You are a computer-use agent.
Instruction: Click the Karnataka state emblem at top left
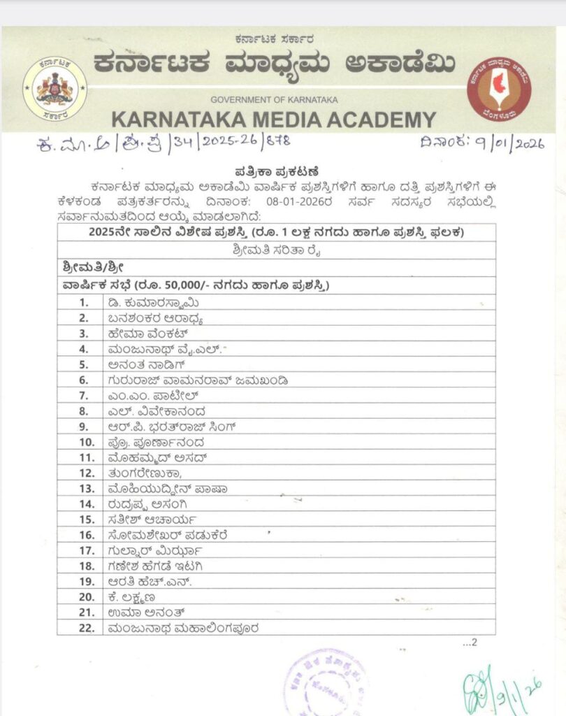pyautogui.click(x=55, y=87)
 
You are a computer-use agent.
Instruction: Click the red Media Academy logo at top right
pyautogui.click(x=499, y=87)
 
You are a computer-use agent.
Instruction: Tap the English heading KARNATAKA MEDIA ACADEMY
pyautogui.click(x=273, y=120)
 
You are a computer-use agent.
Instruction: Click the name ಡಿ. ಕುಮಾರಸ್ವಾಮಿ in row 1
pyautogui.click(x=150, y=303)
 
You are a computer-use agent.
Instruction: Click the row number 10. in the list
pyautogui.click(x=87, y=443)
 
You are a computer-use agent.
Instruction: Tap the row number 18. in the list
pyautogui.click(x=87, y=566)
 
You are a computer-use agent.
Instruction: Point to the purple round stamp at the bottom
pyautogui.click(x=326, y=682)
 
